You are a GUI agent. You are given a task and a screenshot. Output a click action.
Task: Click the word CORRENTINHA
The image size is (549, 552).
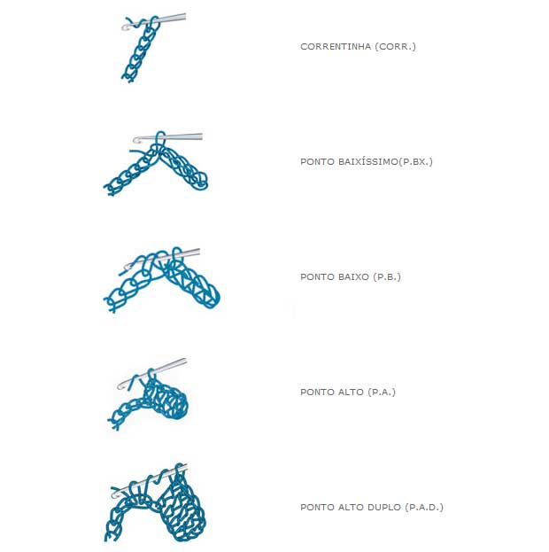tap(336, 46)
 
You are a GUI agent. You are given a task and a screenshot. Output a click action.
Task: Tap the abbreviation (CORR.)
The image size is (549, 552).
tap(396, 46)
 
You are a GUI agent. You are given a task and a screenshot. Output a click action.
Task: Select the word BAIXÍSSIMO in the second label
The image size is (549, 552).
tap(367, 161)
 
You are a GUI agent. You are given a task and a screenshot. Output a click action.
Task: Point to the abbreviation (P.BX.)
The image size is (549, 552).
tap(415, 161)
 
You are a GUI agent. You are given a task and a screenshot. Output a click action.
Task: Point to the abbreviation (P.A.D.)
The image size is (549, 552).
tap(424, 507)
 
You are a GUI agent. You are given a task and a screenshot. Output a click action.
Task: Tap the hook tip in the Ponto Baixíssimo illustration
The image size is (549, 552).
tap(135, 140)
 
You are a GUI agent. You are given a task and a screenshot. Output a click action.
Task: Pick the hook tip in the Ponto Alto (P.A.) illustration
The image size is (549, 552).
tap(120, 386)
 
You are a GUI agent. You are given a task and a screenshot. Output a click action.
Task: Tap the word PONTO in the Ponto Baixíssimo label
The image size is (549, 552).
tap(317, 161)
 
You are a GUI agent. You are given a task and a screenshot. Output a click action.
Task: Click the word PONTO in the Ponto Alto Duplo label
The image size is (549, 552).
tap(317, 507)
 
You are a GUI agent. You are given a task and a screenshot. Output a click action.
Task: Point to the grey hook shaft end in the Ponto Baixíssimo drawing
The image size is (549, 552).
tap(201, 136)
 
